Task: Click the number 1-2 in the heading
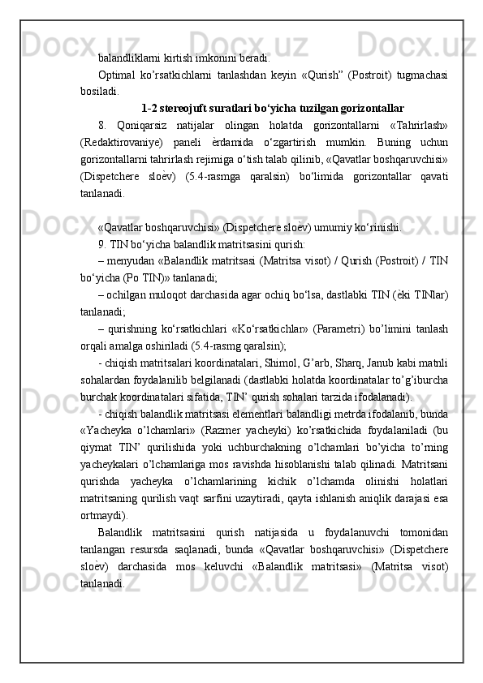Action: pyautogui.click(x=150, y=108)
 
